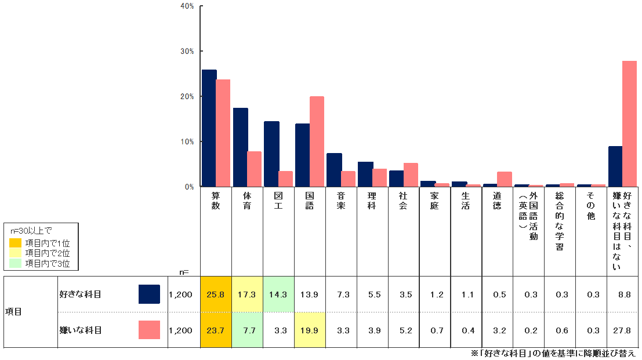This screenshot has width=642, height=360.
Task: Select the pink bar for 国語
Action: click(x=317, y=141)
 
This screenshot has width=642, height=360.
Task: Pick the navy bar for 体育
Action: click(x=240, y=147)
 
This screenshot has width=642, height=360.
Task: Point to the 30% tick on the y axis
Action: click(x=189, y=51)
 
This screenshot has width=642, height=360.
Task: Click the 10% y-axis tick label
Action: click(x=189, y=141)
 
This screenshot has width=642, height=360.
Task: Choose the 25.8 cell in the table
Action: click(x=216, y=294)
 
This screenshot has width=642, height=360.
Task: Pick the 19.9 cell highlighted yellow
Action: click(x=309, y=330)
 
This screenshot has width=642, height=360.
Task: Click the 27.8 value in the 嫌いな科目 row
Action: click(x=624, y=330)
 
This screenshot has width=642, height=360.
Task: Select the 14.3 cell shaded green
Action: click(x=278, y=294)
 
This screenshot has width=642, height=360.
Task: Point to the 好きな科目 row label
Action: click(x=81, y=294)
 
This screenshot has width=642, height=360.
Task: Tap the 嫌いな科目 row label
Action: click(x=81, y=330)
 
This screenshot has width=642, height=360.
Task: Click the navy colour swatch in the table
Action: click(x=149, y=294)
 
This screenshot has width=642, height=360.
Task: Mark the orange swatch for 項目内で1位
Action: click(x=15, y=243)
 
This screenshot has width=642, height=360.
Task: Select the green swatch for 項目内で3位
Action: click(x=15, y=263)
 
